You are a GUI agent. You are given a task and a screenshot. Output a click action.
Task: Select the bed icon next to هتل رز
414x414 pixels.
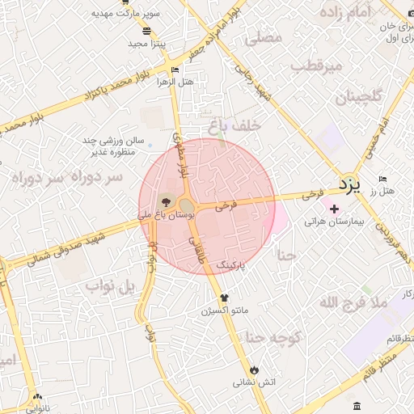(x=382, y=179)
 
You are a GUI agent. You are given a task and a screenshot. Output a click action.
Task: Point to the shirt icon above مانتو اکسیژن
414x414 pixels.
(x=213, y=298)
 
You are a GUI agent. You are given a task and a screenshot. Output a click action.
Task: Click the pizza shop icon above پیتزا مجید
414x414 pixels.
(x=146, y=30)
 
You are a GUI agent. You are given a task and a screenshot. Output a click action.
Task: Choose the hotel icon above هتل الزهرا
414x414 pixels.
(x=175, y=70)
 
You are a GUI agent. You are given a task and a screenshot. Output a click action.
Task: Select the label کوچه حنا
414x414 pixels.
(x=273, y=337)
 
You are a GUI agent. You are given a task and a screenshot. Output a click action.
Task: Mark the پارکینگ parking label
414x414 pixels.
(x=243, y=264)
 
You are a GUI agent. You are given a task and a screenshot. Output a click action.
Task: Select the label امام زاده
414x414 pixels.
(x=368, y=12)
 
